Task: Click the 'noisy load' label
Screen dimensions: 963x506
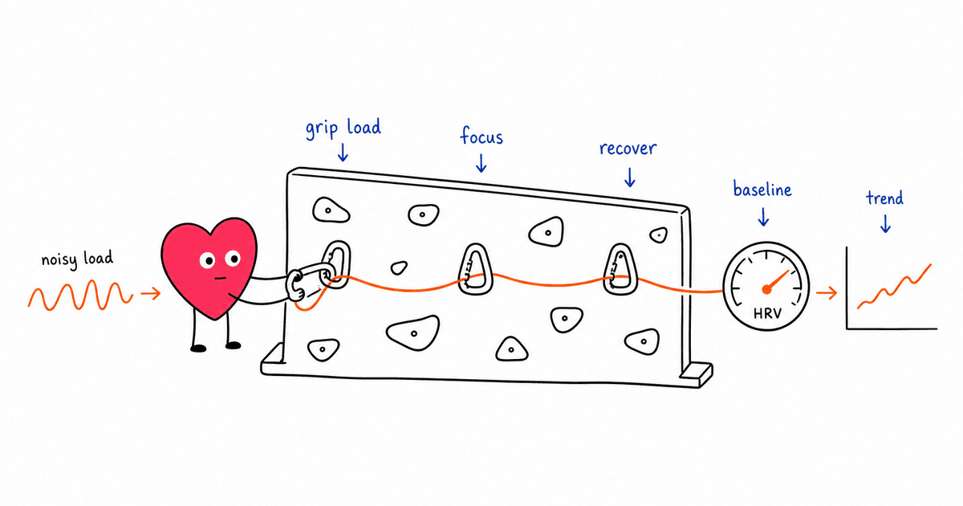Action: click(x=77, y=259)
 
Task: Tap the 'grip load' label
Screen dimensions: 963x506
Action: click(x=343, y=129)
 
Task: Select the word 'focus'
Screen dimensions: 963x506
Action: click(x=481, y=136)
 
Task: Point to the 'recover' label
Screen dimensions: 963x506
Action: click(x=628, y=149)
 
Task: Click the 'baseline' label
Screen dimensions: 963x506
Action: click(x=762, y=189)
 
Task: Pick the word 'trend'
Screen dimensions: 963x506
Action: click(x=884, y=198)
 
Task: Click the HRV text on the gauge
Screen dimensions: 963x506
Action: click(x=767, y=313)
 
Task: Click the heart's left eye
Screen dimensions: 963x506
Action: click(x=207, y=260)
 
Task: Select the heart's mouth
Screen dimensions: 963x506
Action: click(x=221, y=278)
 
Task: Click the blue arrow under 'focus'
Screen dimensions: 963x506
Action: click(x=481, y=163)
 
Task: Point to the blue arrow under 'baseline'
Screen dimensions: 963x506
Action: click(x=763, y=217)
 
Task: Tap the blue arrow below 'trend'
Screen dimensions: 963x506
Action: click(x=885, y=224)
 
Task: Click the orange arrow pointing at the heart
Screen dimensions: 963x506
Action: click(x=151, y=294)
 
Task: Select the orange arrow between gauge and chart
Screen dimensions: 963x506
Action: click(x=827, y=293)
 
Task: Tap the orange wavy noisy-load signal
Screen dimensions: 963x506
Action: click(x=80, y=295)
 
